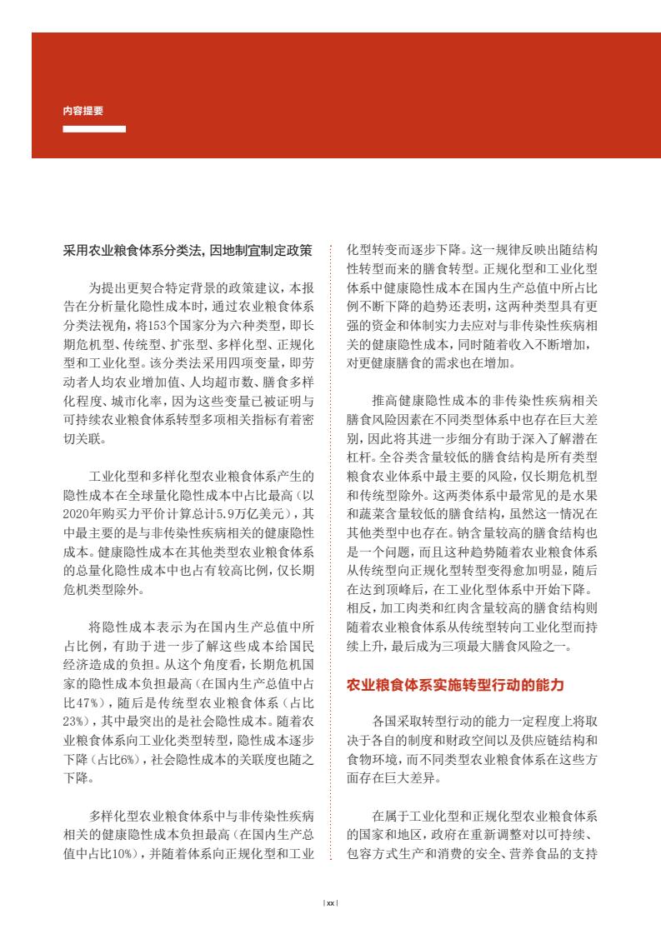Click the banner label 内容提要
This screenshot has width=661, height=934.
83,110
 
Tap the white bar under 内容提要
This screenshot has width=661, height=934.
94,129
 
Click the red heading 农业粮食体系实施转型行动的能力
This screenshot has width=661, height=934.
455,686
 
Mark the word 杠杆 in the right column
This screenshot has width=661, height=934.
360,458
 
